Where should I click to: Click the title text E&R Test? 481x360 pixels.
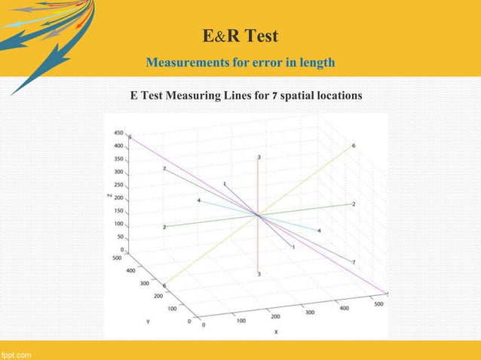click(240, 35)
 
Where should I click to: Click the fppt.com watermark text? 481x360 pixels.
click(16, 353)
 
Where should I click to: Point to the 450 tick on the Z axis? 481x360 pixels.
click(119, 133)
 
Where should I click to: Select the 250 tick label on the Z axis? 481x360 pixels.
click(119, 185)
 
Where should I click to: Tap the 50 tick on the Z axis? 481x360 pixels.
click(121, 236)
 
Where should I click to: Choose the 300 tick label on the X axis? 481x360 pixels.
click(309, 310)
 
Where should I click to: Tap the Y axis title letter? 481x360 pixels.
click(148, 319)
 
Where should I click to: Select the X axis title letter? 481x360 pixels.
click(276, 331)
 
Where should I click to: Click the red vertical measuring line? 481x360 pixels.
click(259, 188)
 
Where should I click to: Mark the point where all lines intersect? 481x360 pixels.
click(259, 216)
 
